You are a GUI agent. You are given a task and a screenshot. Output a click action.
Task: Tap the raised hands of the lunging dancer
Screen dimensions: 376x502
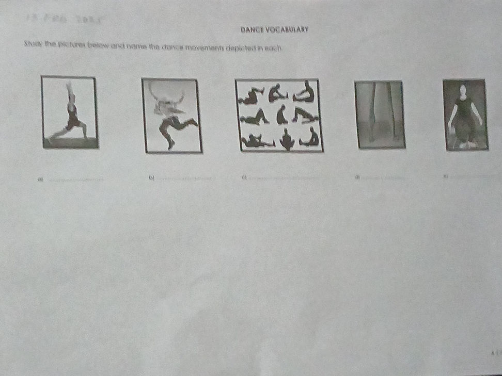68,85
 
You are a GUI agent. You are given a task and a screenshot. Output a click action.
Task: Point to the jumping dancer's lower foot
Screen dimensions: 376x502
170,145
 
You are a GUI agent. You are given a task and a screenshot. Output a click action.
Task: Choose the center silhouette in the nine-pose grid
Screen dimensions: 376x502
281,115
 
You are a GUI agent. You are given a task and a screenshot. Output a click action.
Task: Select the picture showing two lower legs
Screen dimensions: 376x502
380,115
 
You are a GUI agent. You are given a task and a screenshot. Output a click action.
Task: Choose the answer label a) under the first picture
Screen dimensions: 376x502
39,180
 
